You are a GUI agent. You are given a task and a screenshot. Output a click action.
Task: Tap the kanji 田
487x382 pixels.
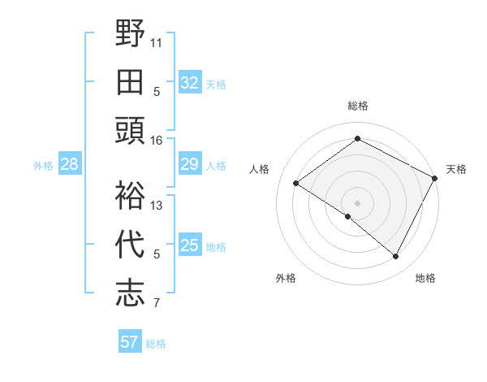tap(130, 81)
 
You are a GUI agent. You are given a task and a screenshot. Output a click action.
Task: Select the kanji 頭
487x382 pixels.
tap(130, 130)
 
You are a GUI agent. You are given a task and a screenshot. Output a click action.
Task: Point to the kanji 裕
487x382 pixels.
tap(130, 195)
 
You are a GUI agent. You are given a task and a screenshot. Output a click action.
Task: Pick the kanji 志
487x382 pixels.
tap(130, 293)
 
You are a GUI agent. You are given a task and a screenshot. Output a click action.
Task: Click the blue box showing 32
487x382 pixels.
tap(189, 83)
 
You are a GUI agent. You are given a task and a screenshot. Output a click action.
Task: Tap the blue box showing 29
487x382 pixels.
tap(189, 165)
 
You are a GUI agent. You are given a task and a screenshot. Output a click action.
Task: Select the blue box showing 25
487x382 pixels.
tap(189, 246)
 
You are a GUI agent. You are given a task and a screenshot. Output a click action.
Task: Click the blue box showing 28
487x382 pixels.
tap(70, 165)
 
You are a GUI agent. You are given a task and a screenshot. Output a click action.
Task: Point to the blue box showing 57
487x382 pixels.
tap(130, 342)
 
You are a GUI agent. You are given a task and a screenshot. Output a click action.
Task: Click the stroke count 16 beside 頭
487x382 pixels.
tap(157, 140)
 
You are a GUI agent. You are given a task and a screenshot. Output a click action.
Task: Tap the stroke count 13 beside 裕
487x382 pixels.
tap(157, 205)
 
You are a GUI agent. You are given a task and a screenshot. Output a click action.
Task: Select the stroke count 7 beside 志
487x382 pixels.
tap(157, 304)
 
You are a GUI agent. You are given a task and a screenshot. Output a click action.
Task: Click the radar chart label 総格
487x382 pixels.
tap(357, 106)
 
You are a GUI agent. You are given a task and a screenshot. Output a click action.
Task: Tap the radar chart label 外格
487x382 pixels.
tap(286, 279)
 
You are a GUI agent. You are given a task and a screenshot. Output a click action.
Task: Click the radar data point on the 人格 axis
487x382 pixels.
tap(296, 183)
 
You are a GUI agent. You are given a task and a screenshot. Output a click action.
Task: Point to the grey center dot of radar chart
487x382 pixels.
tap(357, 202)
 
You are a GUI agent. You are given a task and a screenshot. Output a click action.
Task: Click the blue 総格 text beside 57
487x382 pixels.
tap(156, 344)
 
